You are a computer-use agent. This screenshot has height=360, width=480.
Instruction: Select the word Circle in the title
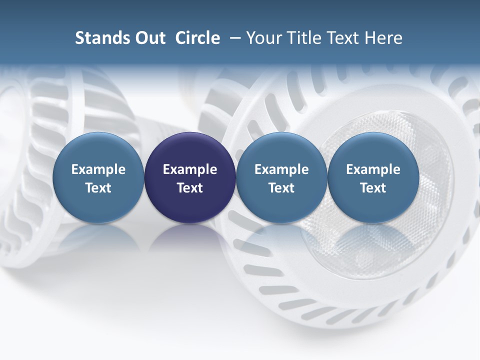pyautogui.click(x=197, y=38)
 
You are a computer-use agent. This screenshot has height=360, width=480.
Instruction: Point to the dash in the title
pyautogui.click(x=233, y=38)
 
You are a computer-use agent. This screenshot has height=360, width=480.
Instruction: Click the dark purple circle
pyautogui.click(x=190, y=178)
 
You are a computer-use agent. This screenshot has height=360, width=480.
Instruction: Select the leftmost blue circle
pyautogui.click(x=98, y=178)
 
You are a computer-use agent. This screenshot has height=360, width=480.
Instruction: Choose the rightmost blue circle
pyautogui.click(x=373, y=178)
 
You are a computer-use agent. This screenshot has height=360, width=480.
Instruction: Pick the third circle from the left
pyautogui.click(x=281, y=178)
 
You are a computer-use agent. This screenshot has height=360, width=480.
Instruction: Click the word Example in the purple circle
pyautogui.click(x=190, y=169)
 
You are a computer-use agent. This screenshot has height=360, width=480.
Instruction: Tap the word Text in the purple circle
pyautogui.click(x=190, y=188)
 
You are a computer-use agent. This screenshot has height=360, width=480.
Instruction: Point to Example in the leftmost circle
pyautogui.click(x=98, y=169)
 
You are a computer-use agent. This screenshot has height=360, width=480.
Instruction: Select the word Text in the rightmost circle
pyautogui.click(x=373, y=188)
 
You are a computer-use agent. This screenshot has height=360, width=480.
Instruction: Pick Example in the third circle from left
pyautogui.click(x=281, y=169)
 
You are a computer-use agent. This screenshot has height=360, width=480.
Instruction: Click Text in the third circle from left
pyautogui.click(x=281, y=188)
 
